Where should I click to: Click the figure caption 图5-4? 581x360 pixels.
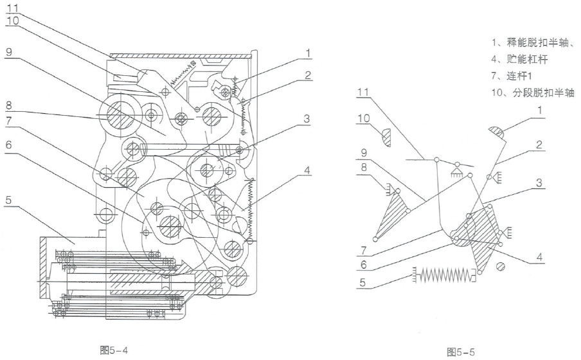point(114,350)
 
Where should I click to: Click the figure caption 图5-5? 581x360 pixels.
point(461,352)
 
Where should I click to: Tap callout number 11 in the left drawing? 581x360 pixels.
point(12,7)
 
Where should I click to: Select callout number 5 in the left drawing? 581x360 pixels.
point(8,200)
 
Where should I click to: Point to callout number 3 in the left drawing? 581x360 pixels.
point(307,119)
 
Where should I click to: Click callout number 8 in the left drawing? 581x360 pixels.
point(9,105)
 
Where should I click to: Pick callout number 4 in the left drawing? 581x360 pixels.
point(307,170)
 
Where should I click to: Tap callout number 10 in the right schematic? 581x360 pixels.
point(364,118)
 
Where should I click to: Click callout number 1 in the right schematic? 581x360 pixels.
point(539,110)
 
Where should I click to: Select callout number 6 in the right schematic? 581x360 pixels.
point(364,264)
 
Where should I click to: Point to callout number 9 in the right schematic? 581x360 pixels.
point(364,152)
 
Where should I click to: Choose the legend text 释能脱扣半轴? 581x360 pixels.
point(538,42)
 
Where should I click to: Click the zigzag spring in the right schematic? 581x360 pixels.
point(443,274)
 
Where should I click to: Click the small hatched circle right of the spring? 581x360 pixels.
point(500,267)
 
